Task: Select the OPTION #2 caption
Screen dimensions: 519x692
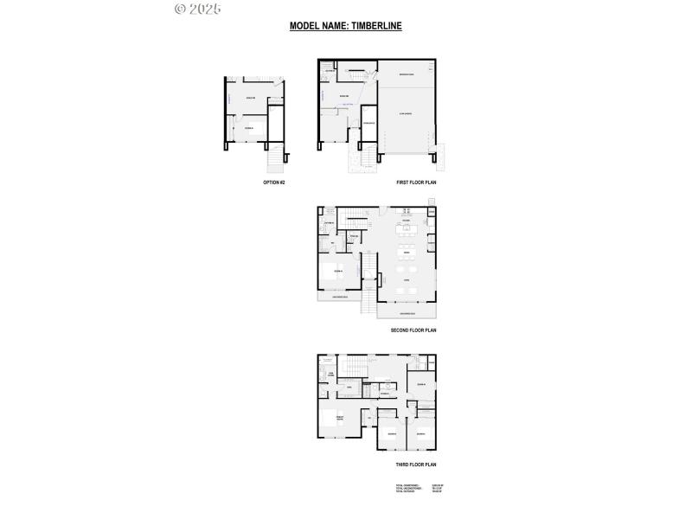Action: click(273, 183)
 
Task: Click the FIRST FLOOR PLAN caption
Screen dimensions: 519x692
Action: click(416, 183)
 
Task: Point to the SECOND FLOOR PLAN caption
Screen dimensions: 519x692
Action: click(414, 330)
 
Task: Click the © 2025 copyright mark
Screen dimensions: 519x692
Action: click(197, 10)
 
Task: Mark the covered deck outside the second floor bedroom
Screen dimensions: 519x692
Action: click(340, 298)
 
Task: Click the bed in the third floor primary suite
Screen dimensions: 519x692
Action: click(332, 420)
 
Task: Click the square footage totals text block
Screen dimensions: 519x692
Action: click(419, 490)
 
